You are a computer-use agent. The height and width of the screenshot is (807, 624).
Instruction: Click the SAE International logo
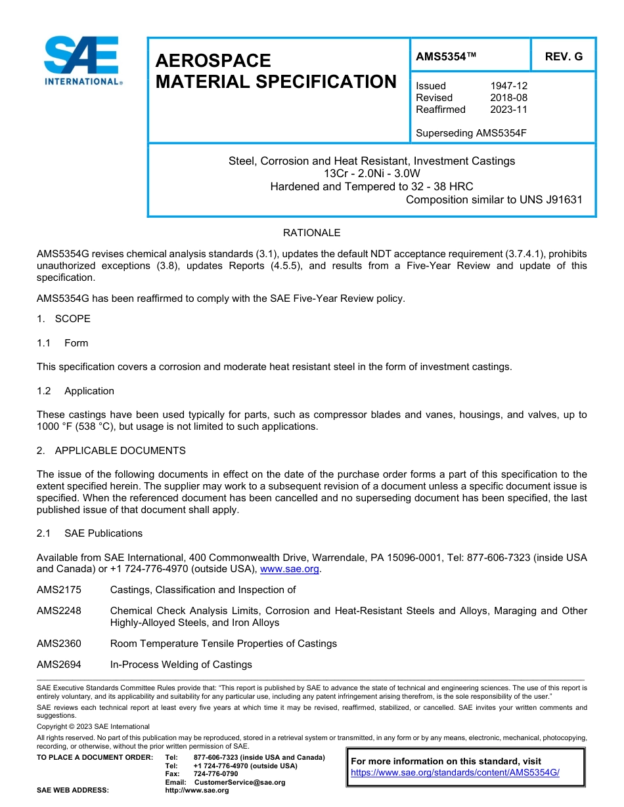[x=81, y=60]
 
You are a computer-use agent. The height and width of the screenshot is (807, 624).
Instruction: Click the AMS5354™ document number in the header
[x=445, y=57]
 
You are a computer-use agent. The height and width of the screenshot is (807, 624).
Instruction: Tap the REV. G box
[x=563, y=57]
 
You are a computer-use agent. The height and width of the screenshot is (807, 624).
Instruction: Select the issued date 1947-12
[x=508, y=86]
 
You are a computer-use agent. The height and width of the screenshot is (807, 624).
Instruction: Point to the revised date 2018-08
[x=508, y=98]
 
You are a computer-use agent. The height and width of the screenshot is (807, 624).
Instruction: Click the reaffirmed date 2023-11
[x=508, y=110]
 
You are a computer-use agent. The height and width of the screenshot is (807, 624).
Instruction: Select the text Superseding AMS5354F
[x=471, y=133]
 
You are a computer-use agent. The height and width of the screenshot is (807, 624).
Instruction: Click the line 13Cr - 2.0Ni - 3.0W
[x=372, y=174]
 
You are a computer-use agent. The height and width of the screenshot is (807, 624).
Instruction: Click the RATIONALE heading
[x=311, y=233]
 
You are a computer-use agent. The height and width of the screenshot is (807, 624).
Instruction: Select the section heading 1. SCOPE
[x=64, y=319]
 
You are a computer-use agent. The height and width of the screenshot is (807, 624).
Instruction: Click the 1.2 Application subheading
[x=76, y=391]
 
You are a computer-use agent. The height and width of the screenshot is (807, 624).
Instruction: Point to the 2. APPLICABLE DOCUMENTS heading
[x=111, y=451]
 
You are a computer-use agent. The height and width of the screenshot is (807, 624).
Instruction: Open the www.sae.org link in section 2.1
[x=289, y=569]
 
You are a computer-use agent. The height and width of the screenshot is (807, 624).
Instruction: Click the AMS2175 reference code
[x=59, y=590]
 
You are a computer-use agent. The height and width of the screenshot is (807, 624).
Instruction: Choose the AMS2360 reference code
[x=59, y=644]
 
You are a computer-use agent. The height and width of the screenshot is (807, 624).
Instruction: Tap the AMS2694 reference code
[x=59, y=665]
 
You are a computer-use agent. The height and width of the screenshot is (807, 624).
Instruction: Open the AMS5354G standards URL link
[x=455, y=773]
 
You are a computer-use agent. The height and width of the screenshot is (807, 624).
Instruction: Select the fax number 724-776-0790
[x=216, y=774]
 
